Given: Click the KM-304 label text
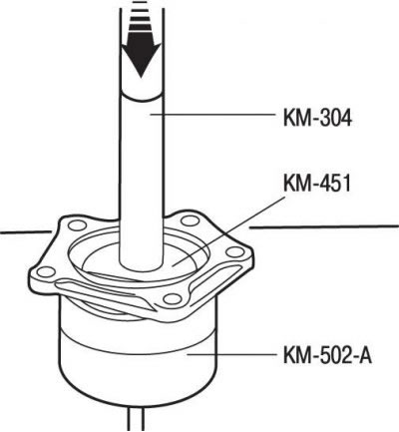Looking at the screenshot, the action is [317, 118].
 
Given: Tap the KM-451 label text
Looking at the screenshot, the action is [317, 184].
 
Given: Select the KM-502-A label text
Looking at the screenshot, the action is [327, 355].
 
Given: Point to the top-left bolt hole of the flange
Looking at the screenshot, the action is [76, 225].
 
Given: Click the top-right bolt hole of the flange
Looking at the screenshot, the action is [191, 220].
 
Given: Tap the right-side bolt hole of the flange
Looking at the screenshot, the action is [235, 251].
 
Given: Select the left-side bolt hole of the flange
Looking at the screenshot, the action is [46, 272].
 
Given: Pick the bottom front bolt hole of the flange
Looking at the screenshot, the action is [173, 298].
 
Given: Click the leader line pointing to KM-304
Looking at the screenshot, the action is [212, 115].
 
